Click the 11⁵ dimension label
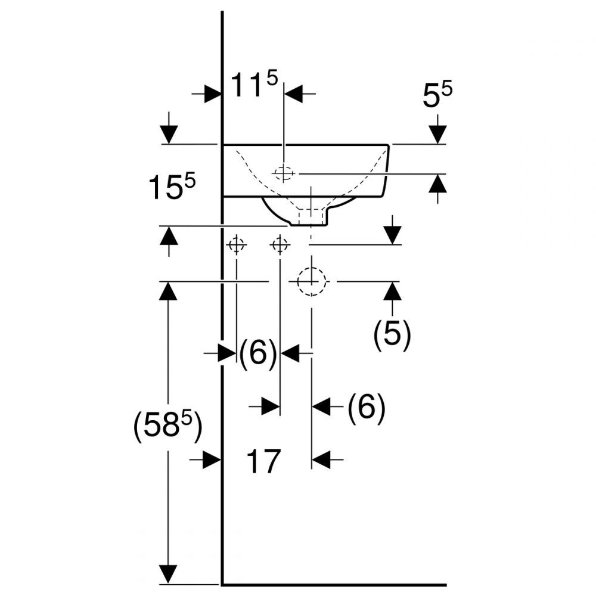(x=253, y=86)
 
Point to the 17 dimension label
(x=263, y=461)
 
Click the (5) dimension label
(x=392, y=336)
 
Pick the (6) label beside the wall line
(x=258, y=354)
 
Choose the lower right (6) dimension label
(x=366, y=408)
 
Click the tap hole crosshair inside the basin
(x=284, y=173)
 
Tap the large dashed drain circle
(x=312, y=281)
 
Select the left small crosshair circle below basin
(x=237, y=244)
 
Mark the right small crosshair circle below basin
(x=280, y=244)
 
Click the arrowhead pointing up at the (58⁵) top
(x=169, y=291)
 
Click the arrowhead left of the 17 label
(x=212, y=460)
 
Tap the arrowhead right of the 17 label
(x=322, y=460)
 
